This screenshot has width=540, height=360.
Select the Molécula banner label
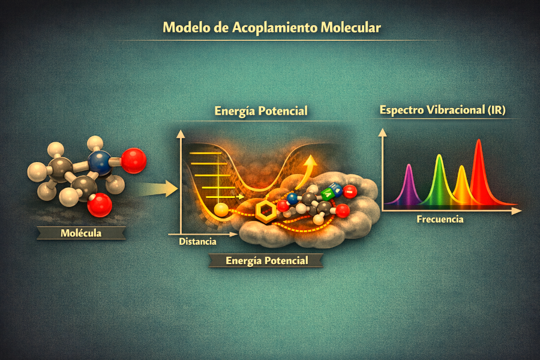click(81, 232)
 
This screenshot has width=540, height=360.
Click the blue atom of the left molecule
click(100, 163)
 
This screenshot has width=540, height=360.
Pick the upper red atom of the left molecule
click(133, 161)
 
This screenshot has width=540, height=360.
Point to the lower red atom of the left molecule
click(100, 205)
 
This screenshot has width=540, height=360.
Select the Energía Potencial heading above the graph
click(261, 111)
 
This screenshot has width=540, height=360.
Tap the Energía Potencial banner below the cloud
click(266, 260)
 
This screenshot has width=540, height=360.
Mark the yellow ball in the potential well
click(221, 209)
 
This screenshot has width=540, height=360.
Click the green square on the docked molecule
click(327, 194)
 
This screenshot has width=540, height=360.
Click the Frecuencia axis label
click(440, 220)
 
